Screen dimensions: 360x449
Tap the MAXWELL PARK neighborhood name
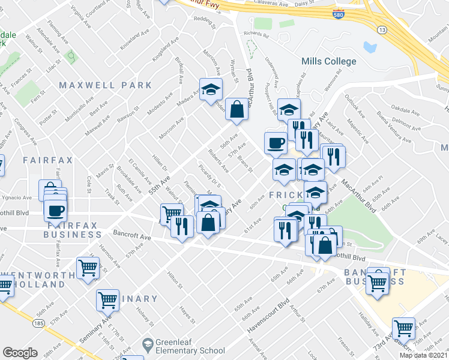coord(106,86)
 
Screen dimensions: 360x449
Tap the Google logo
coord(20,353)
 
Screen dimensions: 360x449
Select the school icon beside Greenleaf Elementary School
coord(148,344)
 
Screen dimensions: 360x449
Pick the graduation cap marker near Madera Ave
coord(211,90)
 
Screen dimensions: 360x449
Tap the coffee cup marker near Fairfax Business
coord(56,211)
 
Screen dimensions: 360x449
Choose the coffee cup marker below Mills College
coord(276,143)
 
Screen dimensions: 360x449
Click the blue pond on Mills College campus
coord(369,47)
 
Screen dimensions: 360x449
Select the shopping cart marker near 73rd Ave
coord(403,328)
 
